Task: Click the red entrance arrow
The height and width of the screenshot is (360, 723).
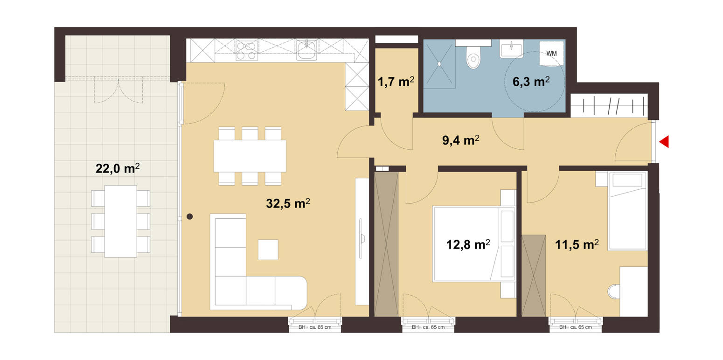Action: [664, 142]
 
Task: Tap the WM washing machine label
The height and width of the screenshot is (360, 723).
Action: [551, 54]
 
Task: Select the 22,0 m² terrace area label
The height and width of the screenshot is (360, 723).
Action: [118, 168]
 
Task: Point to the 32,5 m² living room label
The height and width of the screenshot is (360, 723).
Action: [288, 203]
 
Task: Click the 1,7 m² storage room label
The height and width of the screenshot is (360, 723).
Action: [396, 82]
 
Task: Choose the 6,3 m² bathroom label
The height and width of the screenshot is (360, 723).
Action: [531, 82]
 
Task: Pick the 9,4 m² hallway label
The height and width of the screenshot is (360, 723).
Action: [460, 140]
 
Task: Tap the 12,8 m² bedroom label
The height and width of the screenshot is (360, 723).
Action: [468, 245]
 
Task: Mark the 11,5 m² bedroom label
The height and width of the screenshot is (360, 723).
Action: [577, 245]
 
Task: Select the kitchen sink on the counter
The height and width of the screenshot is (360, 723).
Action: [306, 50]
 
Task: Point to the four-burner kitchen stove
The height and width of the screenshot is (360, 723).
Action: [247, 50]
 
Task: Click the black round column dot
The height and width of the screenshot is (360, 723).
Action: [190, 217]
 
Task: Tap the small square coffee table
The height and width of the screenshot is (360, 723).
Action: [268, 249]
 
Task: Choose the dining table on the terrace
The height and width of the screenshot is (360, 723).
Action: [120, 222]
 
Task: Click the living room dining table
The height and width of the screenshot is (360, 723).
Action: [250, 156]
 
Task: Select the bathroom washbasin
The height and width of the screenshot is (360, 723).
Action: [511, 48]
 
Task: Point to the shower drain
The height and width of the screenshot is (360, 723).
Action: [439, 64]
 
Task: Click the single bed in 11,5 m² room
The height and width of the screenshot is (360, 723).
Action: [627, 211]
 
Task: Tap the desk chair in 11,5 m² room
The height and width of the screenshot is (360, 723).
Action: [614, 291]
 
